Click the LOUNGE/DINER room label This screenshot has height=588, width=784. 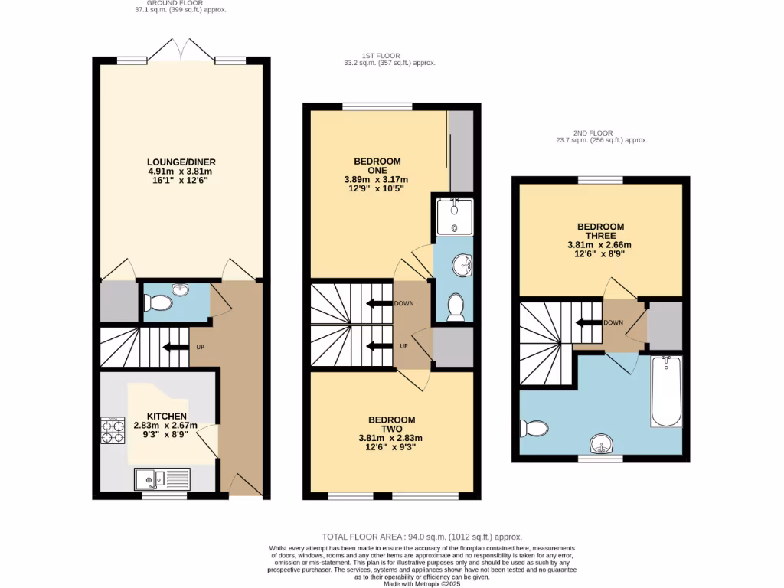[x=181, y=162]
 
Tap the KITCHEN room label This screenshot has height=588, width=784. [x=166, y=416]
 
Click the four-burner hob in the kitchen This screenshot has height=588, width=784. [x=113, y=430]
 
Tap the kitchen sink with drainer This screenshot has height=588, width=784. [x=162, y=479]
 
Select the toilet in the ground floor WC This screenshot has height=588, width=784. [x=158, y=303]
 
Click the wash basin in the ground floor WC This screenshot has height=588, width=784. [x=180, y=289]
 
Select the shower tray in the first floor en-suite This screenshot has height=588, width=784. [x=453, y=217]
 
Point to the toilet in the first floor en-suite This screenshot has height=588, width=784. [x=456, y=306]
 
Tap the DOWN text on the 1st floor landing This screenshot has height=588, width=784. [x=403, y=303]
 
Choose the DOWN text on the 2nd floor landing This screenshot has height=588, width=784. [x=612, y=322]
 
